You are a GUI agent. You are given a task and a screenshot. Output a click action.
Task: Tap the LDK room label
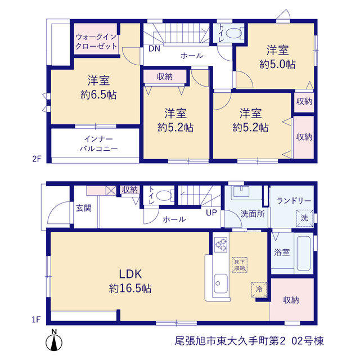(x=130, y=274)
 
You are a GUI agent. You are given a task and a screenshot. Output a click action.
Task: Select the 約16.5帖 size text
(x=130, y=288)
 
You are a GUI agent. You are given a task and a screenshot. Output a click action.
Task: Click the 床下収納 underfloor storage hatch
(x=240, y=265)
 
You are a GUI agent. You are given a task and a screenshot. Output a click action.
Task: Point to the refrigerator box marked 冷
(x=259, y=290)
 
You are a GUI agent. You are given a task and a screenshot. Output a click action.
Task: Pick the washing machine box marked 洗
(x=304, y=218)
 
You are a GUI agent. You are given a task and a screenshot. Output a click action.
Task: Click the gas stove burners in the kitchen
(x=220, y=245)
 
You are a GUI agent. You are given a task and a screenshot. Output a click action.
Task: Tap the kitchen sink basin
(x=220, y=283)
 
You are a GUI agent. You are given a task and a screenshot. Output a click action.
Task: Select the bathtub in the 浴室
(x=304, y=254)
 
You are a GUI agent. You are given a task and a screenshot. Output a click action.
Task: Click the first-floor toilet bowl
(x=164, y=196)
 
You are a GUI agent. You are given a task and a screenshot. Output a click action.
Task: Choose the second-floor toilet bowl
(x=233, y=33)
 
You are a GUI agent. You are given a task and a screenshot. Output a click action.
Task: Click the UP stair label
(x=211, y=213)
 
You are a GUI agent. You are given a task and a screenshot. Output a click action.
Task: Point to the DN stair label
(x=154, y=49)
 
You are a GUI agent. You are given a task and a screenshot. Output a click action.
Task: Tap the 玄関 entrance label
(x=84, y=208)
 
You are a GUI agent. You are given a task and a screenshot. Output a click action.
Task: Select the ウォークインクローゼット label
(x=96, y=42)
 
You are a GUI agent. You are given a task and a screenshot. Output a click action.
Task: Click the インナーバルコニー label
(x=98, y=144)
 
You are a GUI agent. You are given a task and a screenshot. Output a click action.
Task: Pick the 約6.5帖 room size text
(x=98, y=94)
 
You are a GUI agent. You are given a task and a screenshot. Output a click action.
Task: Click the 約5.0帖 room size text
(x=277, y=64)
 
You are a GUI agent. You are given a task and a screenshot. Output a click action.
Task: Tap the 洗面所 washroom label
(x=253, y=214)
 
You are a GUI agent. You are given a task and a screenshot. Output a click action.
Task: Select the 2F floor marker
(x=37, y=159)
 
